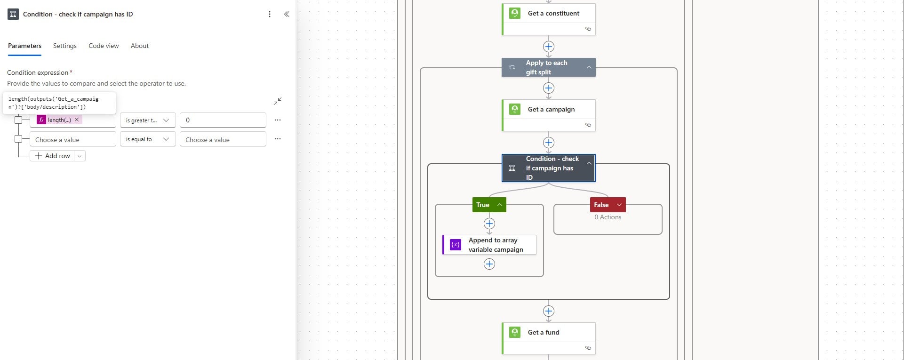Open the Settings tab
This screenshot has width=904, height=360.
[x=64, y=46]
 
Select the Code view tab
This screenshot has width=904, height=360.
[x=104, y=46]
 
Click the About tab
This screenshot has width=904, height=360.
[x=140, y=46]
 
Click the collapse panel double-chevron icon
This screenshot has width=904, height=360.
[x=287, y=14]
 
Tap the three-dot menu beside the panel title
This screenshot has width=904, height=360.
[x=270, y=14]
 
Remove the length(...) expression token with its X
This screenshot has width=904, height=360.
[x=77, y=120]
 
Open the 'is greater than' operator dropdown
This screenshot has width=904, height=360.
[x=148, y=120]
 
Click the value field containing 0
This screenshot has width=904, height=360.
[x=223, y=120]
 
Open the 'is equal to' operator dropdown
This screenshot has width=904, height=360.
[x=148, y=139]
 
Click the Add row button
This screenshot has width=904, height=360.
[x=52, y=156]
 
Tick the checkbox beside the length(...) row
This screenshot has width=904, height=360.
[x=18, y=120]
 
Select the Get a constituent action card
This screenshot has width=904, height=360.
[x=549, y=19]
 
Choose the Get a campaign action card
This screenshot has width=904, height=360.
[x=549, y=115]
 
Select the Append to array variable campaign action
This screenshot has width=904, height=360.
[x=489, y=245]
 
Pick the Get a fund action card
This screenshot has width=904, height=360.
[x=549, y=338]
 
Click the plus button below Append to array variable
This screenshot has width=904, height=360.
[x=489, y=264]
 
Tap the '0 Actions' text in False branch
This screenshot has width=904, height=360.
[x=608, y=217]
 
